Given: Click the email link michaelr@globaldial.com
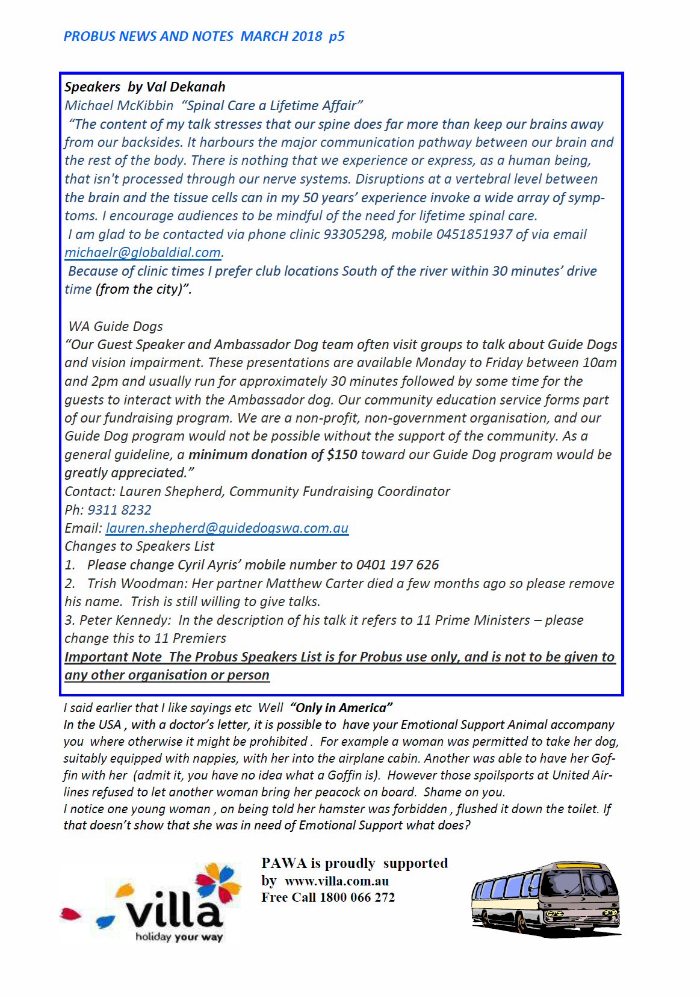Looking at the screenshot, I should coord(143,253).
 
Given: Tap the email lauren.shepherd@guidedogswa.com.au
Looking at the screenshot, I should coord(227,528).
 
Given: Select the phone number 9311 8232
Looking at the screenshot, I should coord(119,510).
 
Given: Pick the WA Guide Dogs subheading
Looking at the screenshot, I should coord(116,326).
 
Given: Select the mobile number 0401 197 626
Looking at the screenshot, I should coord(397,565).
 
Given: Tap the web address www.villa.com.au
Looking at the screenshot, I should coord(336,881).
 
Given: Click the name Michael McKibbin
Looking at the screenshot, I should coord(119,105).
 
